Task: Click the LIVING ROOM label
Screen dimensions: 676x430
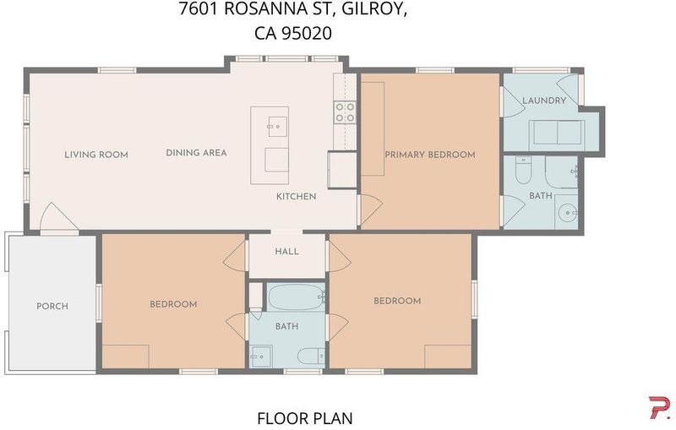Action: point(96,155)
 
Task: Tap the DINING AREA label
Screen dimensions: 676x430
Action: point(196,153)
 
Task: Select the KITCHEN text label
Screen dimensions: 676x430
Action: point(297,197)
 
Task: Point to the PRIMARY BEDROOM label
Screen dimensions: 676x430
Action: point(430,155)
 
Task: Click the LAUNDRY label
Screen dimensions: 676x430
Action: point(544,101)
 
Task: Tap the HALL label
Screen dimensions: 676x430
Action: point(286,251)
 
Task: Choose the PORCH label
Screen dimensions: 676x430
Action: point(52,307)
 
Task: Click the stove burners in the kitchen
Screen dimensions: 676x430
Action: point(346,112)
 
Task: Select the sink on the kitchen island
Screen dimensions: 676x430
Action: point(278,127)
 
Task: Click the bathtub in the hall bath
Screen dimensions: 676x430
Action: point(297,296)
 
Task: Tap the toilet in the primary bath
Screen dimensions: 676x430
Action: point(523,175)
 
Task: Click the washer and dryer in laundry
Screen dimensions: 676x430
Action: point(557,133)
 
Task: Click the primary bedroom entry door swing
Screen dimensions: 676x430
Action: point(371,211)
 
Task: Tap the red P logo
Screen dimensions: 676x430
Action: point(660,407)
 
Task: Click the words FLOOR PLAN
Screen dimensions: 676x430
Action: point(305,418)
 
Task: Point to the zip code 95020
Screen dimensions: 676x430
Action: point(307,33)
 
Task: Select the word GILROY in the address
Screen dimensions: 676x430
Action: point(374,9)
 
